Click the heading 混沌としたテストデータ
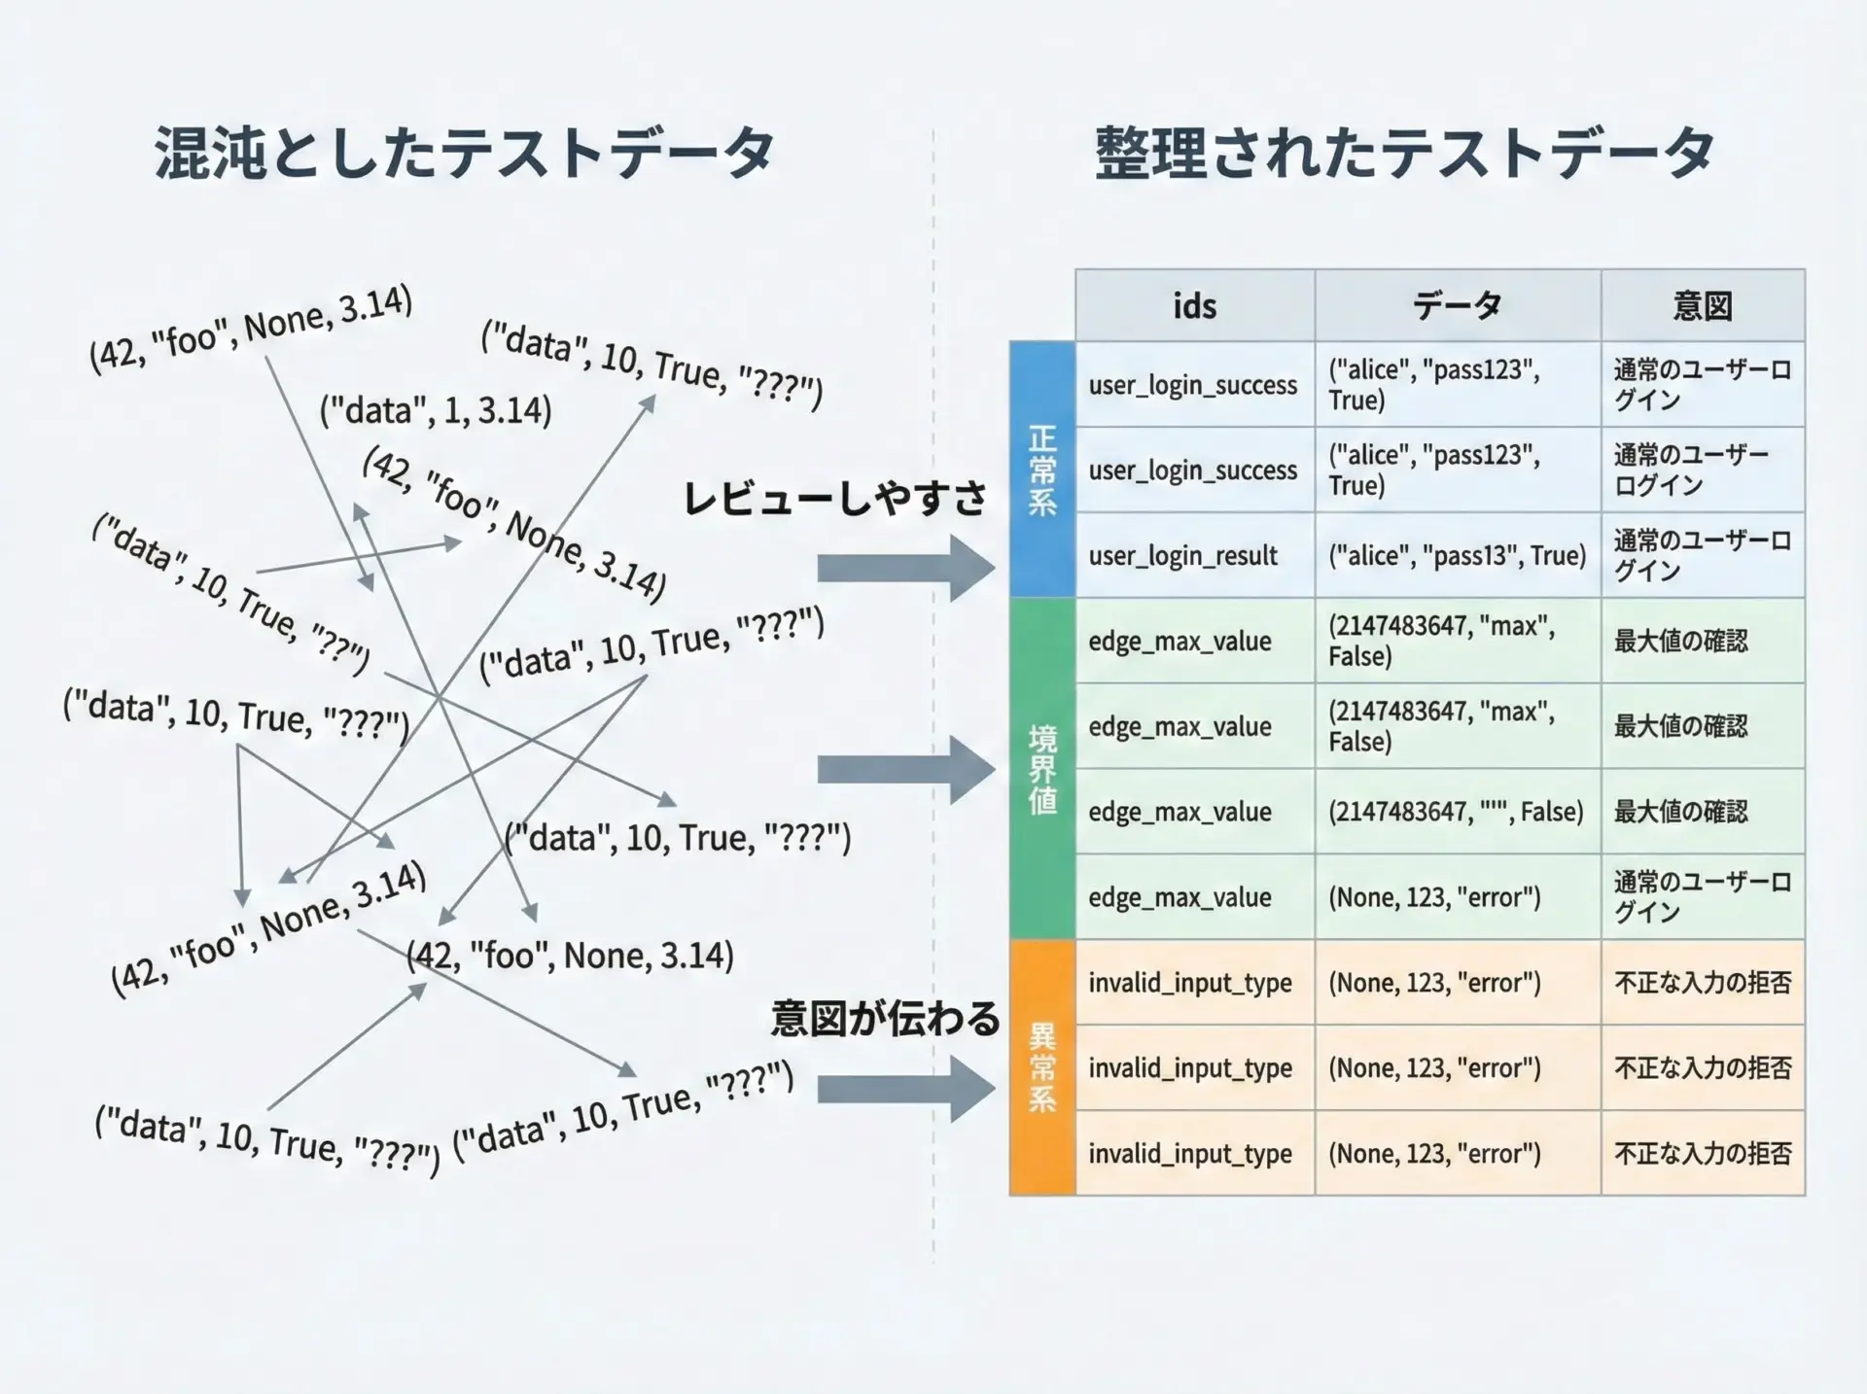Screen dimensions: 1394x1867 (465, 153)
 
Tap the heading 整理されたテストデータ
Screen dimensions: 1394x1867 (1404, 153)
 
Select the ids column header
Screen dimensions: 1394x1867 (1194, 306)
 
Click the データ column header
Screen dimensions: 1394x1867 (1457, 306)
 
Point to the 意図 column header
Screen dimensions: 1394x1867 (1702, 306)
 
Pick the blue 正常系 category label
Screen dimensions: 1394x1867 (1041, 470)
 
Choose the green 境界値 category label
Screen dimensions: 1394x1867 (1041, 769)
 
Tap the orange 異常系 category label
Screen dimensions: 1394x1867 (1041, 1067)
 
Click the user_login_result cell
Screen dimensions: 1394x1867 (1182, 556)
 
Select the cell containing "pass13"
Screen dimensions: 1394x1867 (1457, 556)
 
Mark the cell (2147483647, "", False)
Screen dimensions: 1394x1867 (1456, 812)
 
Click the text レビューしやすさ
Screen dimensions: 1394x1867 (834, 499)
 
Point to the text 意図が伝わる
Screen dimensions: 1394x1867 (885, 1019)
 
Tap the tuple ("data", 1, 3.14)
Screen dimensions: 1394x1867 (436, 410)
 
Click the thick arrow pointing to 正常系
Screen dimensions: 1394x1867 (905, 568)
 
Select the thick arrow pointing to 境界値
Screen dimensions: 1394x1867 (905, 770)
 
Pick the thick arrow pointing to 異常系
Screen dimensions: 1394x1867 (905, 1089)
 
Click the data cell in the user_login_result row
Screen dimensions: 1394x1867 (1457, 556)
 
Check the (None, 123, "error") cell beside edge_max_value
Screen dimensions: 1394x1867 (1434, 897)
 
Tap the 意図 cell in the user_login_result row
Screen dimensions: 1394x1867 (1702, 555)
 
